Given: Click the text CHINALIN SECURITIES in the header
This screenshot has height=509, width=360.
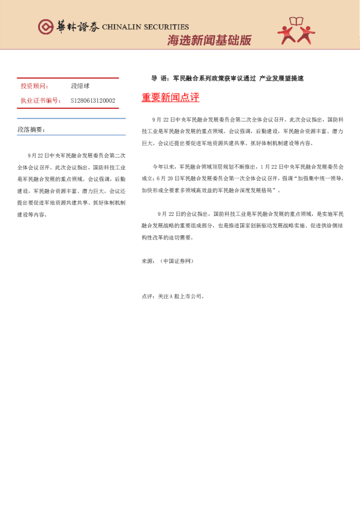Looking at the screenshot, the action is (x=145, y=27).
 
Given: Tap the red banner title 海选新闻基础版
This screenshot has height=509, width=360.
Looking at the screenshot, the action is (x=209, y=41).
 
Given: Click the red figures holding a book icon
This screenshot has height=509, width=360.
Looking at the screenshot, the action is (x=296, y=31).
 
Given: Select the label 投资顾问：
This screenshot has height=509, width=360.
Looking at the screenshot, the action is (x=35, y=87).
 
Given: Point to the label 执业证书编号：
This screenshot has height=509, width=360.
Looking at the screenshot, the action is (x=41, y=100).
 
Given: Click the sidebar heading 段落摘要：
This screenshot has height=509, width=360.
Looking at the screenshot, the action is (x=31, y=129).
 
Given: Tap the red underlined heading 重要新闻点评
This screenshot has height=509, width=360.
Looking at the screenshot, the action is (x=170, y=97).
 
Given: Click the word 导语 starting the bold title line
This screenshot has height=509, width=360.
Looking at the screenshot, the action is (x=159, y=79).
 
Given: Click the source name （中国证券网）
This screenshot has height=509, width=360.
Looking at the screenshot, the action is (x=176, y=261).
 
